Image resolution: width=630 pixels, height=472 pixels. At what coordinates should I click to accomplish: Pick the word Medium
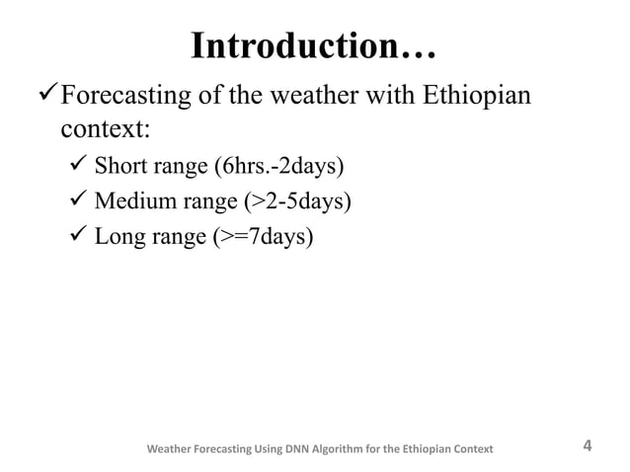pos(133,201)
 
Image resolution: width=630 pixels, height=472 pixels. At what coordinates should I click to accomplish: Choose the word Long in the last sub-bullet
pos(118,238)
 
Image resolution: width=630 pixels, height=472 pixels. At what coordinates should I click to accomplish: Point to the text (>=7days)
pos(264,238)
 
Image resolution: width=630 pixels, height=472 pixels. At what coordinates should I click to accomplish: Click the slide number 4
pos(589,445)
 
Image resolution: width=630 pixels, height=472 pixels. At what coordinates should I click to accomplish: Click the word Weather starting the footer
pos(171,450)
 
